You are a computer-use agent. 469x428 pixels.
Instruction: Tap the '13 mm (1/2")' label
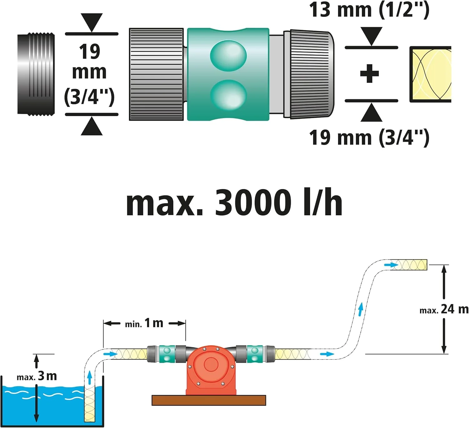369,10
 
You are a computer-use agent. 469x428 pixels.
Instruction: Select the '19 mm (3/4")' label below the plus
369,138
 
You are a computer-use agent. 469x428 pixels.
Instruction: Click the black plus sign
369,74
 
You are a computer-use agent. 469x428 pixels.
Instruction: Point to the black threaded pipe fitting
36,74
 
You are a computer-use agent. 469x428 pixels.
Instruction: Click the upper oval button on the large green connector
228,56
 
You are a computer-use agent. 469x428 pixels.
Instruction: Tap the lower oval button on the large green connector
228,95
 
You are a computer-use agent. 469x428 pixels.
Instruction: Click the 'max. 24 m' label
444,310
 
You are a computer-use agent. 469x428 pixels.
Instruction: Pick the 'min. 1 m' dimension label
144,323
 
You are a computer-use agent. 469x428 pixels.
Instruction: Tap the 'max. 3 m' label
37,376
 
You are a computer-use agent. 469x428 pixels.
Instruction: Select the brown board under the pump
209,400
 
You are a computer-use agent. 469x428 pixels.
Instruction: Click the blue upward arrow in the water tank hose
90,377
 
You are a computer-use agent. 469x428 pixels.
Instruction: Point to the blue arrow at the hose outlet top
391,265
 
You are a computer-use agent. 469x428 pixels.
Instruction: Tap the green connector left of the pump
167,354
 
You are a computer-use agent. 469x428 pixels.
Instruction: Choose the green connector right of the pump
255,354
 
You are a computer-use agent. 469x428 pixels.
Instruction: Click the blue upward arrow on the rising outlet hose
361,309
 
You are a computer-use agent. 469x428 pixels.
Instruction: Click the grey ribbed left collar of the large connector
156,74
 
